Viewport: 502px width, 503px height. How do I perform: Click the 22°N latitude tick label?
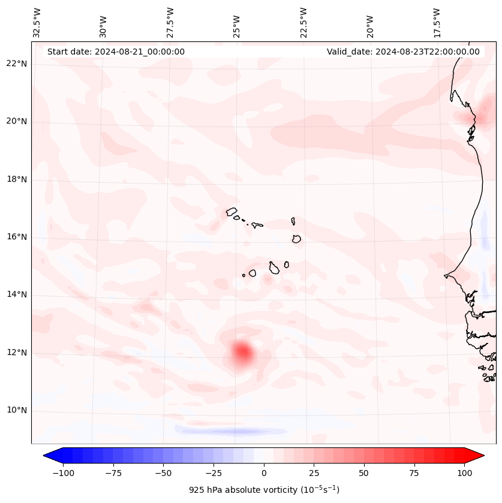pyautogui.click(x=16, y=64)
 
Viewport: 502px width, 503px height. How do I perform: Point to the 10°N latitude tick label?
pyautogui.click(x=16, y=411)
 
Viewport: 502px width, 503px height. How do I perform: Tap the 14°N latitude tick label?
pyautogui.click(x=16, y=295)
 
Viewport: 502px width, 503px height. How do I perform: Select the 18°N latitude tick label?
pyautogui.click(x=16, y=179)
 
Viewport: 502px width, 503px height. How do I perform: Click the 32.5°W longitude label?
pyautogui.click(x=37, y=23)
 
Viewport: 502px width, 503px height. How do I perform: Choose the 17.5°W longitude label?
pyautogui.click(x=437, y=23)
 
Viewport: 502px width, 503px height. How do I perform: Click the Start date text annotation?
pyautogui.click(x=116, y=52)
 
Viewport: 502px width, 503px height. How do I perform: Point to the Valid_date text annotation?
pyautogui.click(x=403, y=52)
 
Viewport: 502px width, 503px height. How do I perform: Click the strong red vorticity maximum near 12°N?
pyautogui.click(x=242, y=351)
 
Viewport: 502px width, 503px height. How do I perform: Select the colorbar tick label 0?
pyautogui.click(x=264, y=473)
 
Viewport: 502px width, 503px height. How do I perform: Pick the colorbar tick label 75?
pyautogui.click(x=414, y=473)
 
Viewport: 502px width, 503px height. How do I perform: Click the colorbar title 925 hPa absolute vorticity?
pyautogui.click(x=264, y=490)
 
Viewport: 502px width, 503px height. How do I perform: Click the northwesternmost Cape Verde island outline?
pyautogui.click(x=232, y=212)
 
